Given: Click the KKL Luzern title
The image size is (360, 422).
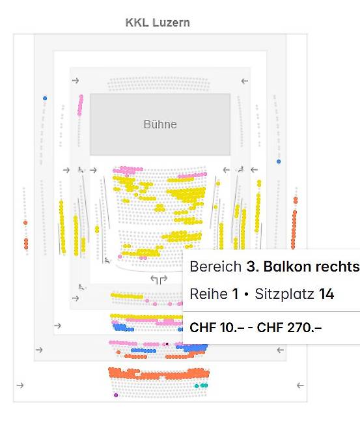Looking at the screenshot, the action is click(158, 23).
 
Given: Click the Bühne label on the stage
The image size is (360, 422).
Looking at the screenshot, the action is click(160, 124).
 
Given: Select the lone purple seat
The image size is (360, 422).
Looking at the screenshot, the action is click(116, 395).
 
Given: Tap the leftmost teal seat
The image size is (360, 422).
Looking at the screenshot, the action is click(197, 386).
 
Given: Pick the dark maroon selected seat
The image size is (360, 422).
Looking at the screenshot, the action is click(167, 345).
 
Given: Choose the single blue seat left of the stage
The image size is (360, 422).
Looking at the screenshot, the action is click(45, 98).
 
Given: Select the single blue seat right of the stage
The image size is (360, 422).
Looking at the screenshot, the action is click(279, 162).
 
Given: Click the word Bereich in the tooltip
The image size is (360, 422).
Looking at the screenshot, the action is click(215, 267).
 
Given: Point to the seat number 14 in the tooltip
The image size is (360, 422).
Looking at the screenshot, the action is click(327, 294).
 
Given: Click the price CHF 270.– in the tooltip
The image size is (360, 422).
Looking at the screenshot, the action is click(289, 328).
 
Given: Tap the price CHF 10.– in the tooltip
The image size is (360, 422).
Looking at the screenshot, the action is click(217, 328).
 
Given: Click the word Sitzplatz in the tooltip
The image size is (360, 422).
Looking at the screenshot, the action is click(284, 294).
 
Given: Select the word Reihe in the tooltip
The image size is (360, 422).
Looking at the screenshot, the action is click(208, 294).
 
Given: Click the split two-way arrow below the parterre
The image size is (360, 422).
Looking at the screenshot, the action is click(159, 279).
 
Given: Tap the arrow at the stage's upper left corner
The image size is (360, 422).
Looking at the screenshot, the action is click(76, 81).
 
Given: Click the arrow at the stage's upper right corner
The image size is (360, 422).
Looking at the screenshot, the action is click(244, 81).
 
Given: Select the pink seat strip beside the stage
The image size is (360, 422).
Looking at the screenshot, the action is click(80, 105).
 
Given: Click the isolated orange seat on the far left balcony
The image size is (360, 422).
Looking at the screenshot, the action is click(25, 223).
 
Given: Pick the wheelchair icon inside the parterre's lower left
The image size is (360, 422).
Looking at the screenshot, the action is click(107, 260).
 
